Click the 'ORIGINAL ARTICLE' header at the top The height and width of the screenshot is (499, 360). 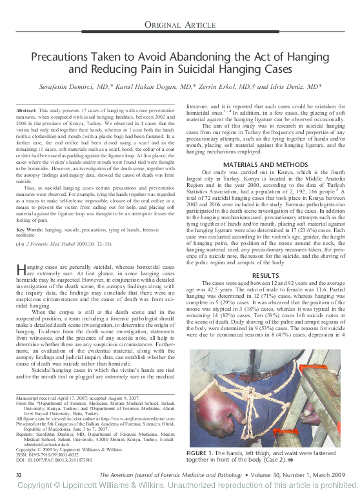[x=180, y=24]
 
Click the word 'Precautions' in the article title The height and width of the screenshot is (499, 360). [x=66, y=57]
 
